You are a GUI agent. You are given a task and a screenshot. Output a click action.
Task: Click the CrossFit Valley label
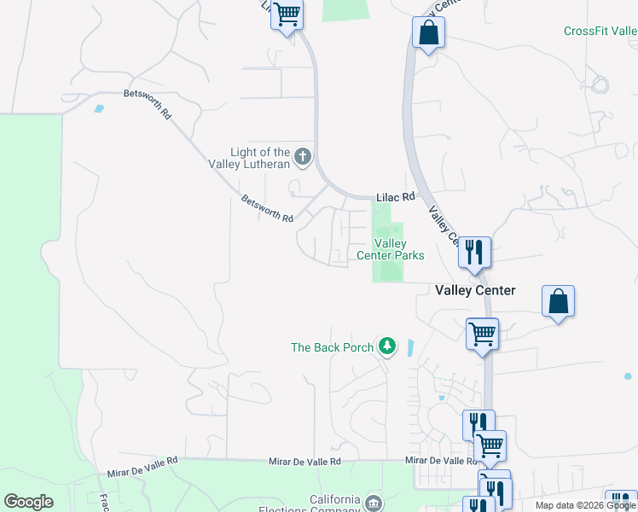point(600,32)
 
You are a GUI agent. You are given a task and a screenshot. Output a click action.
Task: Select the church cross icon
point(303,156)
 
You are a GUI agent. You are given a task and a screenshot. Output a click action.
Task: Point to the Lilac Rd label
point(396,197)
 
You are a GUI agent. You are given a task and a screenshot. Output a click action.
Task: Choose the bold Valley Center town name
point(475,290)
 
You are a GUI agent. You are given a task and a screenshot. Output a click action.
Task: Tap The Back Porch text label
point(333,347)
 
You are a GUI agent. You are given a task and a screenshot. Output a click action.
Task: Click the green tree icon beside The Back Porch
point(388,346)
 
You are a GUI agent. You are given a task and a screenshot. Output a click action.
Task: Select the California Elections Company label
point(322,505)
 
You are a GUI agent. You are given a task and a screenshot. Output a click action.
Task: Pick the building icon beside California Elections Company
point(373,503)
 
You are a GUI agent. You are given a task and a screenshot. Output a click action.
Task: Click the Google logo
point(28,502)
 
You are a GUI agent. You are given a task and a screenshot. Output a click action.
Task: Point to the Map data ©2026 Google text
point(584,505)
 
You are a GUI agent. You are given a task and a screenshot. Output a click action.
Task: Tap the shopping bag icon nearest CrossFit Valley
point(427,34)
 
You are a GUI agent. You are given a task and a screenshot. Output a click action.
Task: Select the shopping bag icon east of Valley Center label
point(558,301)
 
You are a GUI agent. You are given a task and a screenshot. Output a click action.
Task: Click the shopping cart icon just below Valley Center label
point(482,334)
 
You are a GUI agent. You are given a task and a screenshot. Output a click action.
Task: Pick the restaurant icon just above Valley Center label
point(473,252)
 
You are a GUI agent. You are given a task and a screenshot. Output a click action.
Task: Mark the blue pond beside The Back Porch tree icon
point(410,348)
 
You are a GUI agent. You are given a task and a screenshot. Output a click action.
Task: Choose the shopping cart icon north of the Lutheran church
point(287,14)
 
